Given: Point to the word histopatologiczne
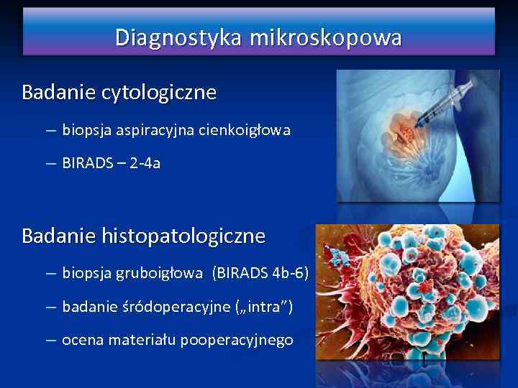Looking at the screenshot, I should pos(183,236).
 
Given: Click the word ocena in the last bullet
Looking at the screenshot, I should pos(83,340).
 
